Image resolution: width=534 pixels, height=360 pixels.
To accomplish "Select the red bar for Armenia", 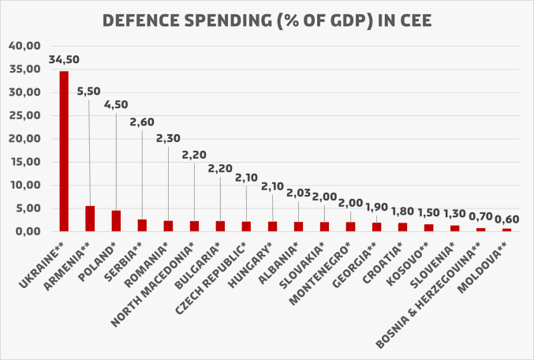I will (x=90, y=219).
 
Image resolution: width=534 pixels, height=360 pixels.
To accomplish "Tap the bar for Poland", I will (x=116, y=221).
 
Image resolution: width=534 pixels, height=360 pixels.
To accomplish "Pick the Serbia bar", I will (x=142, y=226).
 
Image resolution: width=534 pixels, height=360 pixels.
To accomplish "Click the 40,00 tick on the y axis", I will (x=25, y=46).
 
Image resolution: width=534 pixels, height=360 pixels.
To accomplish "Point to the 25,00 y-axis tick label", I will (x=25, y=115).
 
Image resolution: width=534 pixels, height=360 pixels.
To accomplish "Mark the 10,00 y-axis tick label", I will (x=25, y=186).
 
